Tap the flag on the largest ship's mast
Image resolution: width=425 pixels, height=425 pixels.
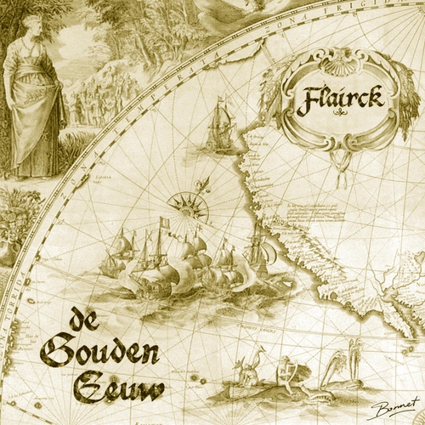pos(165,224)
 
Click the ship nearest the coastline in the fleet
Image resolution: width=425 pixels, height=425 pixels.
pos(256,251)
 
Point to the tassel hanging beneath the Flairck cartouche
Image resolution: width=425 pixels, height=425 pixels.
pos(341,174)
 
